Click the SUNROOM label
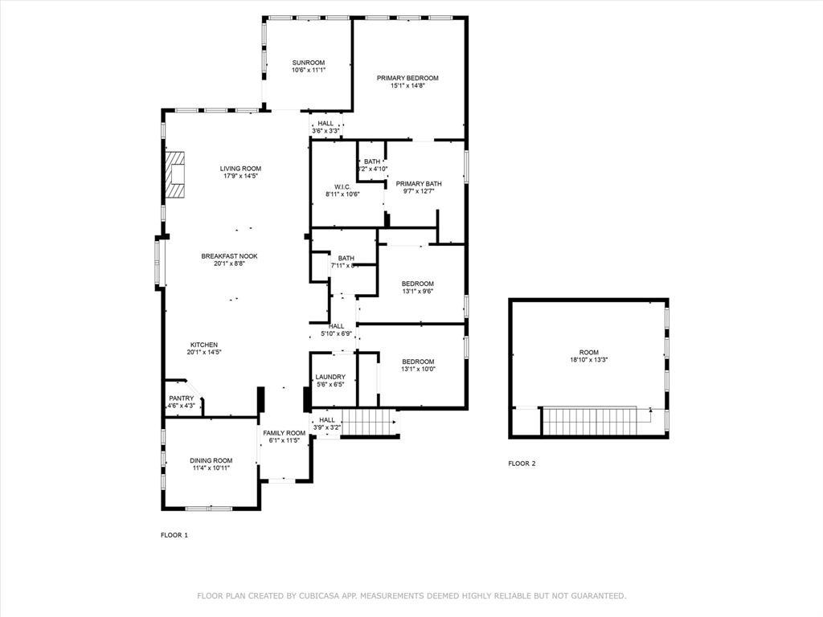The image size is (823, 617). (309, 63)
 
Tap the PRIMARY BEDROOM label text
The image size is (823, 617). (407, 78)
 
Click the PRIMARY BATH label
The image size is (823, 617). (419, 183)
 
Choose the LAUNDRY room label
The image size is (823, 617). (330, 377)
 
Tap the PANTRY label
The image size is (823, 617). (181, 398)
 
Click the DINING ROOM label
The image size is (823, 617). (211, 460)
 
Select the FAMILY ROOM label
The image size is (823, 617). (284, 433)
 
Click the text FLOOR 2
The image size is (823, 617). (522, 464)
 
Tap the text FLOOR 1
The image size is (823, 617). (174, 534)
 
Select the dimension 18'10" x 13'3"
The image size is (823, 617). (589, 361)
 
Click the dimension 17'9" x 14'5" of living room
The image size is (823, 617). (241, 176)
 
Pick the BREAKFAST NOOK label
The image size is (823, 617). (229, 256)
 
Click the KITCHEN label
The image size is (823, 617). (203, 345)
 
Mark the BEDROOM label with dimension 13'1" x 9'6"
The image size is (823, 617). (418, 284)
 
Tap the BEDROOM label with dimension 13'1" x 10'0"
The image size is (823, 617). (418, 362)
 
